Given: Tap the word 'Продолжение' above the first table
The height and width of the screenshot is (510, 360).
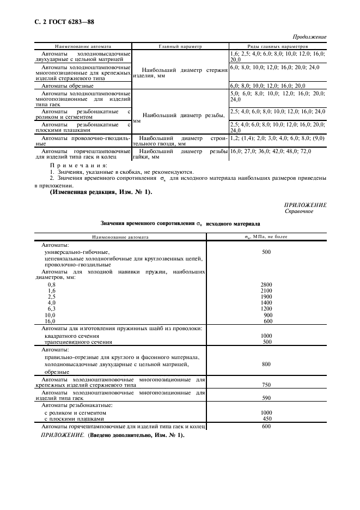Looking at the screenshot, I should (x=309, y=37).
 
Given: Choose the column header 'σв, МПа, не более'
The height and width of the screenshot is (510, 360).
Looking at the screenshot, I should (x=266, y=237).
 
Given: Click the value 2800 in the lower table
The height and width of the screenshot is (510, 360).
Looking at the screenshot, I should (x=266, y=284).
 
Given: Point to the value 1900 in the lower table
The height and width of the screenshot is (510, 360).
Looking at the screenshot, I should (x=266, y=296).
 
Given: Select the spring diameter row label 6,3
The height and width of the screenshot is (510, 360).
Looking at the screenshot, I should (x=52, y=308).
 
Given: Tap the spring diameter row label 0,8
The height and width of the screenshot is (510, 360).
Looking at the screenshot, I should (x=52, y=284).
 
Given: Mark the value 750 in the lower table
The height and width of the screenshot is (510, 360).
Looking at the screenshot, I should (x=266, y=385).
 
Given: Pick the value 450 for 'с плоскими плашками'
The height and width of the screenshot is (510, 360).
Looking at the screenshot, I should (x=266, y=418).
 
